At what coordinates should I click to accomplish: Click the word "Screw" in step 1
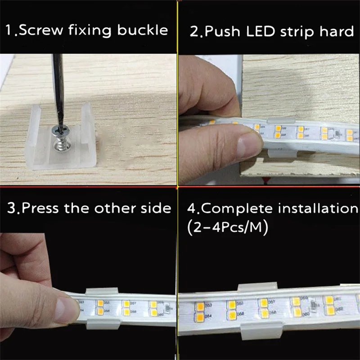pos(40,30)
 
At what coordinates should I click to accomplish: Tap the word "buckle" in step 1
pos(143,30)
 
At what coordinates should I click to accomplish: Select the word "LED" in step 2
pos(261,31)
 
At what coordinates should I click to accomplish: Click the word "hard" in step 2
pos(337,31)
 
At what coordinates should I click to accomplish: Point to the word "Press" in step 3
pos(40,208)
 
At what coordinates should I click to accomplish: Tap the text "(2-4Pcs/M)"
pos(228,228)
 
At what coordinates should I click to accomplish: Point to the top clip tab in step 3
pos(102,291)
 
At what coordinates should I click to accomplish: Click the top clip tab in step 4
pos(257,287)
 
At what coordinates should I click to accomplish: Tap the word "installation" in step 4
pos(318,208)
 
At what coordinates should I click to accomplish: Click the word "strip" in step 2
pos(297,32)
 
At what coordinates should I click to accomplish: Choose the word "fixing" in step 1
pos(90,31)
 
